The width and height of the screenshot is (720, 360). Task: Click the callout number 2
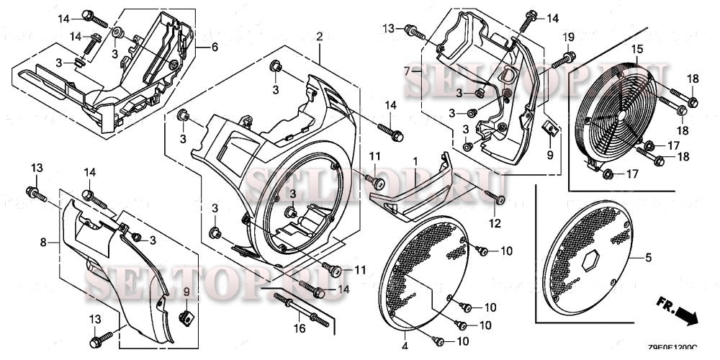pos(318,36)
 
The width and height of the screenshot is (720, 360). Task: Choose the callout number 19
pos(568,37)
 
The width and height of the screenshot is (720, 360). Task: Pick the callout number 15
pos(637,49)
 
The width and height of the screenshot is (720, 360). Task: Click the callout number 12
pos(493,225)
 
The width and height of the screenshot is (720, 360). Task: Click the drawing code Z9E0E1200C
pos(672,348)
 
